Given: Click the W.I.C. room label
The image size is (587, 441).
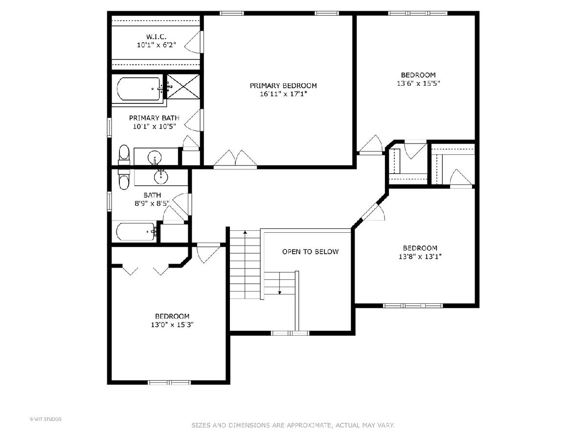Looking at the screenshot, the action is point(156,36).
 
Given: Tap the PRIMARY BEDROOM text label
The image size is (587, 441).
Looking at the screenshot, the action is point(283,86).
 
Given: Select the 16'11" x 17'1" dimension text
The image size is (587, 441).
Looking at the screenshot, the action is point(283,94).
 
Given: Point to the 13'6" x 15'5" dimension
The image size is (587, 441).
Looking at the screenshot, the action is point(418,83).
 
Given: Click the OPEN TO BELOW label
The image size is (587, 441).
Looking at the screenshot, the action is point(311,252).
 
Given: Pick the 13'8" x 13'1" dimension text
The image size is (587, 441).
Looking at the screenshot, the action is point(420,256).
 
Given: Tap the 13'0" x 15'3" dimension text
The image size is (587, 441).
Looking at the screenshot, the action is point(172,325).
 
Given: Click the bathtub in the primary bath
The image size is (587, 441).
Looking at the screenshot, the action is point(139,89).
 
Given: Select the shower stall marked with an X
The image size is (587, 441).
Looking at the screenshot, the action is point(183,87).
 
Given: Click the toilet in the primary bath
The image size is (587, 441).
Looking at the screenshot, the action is point(124,155).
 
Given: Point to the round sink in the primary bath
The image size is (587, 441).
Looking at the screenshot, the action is point(155,157).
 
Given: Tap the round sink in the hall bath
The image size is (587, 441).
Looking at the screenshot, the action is point(161,177).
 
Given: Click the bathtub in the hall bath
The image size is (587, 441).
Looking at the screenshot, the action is point(136,231).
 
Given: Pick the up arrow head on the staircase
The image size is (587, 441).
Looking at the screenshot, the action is point(245,232).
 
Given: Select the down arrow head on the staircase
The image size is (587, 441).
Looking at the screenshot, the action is point(280,293).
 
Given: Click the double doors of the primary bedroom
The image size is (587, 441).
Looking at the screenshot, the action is point(235,159).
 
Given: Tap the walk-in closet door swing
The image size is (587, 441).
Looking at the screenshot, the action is point(193,42).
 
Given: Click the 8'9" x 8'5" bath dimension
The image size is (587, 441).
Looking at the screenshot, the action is point(152,203).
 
